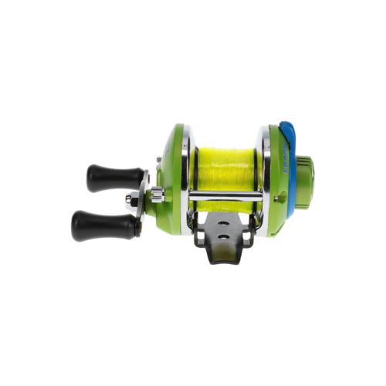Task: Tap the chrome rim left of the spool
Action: tap(186, 174)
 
